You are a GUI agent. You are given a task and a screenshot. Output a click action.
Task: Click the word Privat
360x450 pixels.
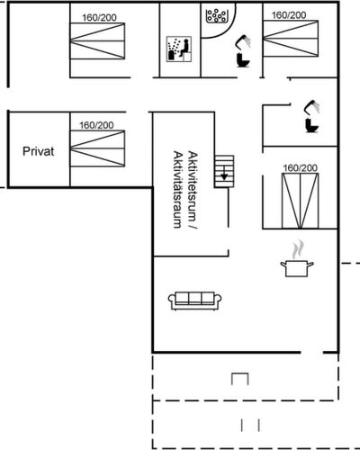pyautogui.click(x=39, y=151)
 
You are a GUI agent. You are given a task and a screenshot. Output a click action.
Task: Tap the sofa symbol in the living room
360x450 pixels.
pyautogui.click(x=195, y=301)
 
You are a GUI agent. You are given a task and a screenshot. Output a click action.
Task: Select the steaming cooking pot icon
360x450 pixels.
pyautogui.click(x=297, y=258)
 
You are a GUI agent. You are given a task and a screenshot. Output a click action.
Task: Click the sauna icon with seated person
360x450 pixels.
pyautogui.click(x=179, y=49)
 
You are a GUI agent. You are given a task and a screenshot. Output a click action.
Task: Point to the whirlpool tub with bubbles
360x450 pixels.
pyautogui.click(x=216, y=15)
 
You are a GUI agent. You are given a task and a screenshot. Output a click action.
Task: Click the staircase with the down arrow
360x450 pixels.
pyautogui.click(x=224, y=171)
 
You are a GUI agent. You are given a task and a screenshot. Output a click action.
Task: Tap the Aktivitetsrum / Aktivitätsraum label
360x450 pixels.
pyautogui.click(x=185, y=190)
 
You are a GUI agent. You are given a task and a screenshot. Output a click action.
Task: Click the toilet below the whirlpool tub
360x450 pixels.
pyautogui.click(x=243, y=60)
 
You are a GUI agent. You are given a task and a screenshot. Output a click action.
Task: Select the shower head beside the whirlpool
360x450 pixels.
pyautogui.click(x=243, y=42)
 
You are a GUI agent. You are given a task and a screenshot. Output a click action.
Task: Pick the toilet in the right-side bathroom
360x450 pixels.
pyautogui.click(x=312, y=125)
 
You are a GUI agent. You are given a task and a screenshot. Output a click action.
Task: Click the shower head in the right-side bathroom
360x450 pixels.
pyautogui.click(x=312, y=107)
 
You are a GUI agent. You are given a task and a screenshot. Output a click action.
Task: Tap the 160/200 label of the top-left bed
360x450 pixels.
pyautogui.click(x=99, y=18)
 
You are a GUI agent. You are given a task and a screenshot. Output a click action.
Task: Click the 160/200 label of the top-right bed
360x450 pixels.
pyautogui.click(x=289, y=15)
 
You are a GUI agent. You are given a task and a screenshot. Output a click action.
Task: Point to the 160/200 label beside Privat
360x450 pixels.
pyautogui.click(x=96, y=125)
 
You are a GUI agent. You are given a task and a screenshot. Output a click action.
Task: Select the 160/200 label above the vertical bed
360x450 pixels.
pyautogui.click(x=301, y=168)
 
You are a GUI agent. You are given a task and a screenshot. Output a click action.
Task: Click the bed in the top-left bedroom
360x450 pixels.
pyautogui.click(x=97, y=41)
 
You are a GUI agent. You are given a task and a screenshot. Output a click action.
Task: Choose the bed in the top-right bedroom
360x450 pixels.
pyautogui.click(x=291, y=39)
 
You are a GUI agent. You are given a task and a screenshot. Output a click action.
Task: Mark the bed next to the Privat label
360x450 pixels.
pyautogui.click(x=97, y=148)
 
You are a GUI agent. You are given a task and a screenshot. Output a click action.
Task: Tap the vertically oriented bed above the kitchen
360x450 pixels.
pyautogui.click(x=300, y=201)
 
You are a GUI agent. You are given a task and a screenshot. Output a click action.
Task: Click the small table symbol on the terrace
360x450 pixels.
pyautogui.click(x=240, y=379)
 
